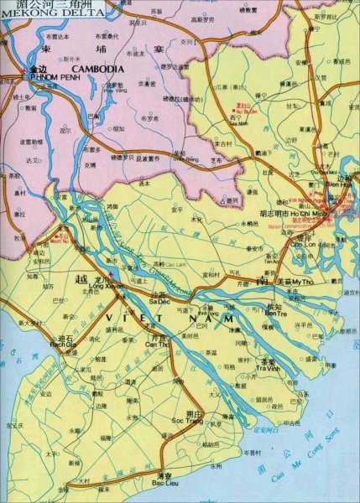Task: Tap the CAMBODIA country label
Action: pyautogui.click(x=98, y=68)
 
